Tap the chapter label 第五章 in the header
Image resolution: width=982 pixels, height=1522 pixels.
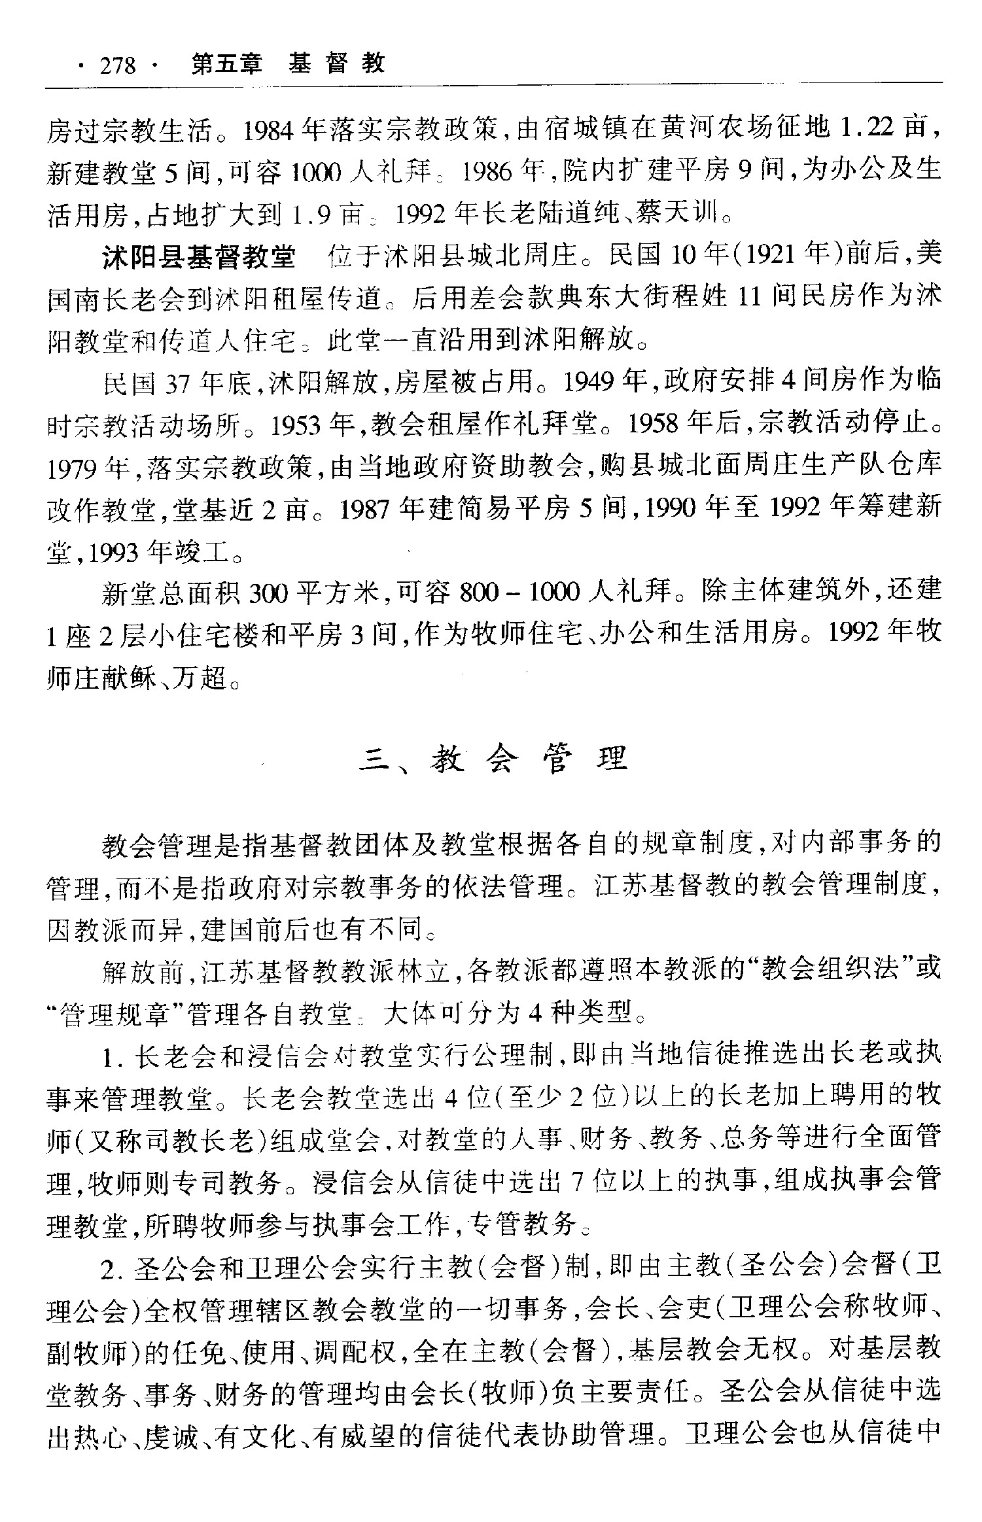coord(226,64)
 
